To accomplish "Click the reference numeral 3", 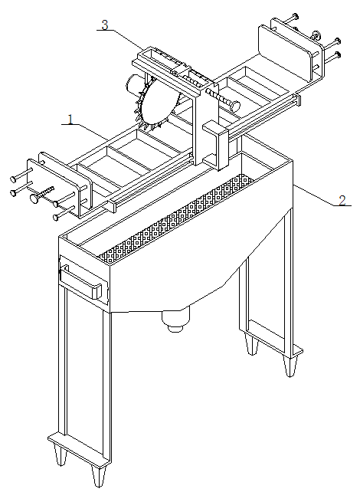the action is coord(105,25).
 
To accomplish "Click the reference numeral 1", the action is coord(70,120).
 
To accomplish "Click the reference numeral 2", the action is coord(342,200).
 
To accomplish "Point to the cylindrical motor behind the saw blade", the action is coord(133,84).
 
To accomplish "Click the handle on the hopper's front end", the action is coord(82,280).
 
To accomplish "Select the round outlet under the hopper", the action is coord(176,320).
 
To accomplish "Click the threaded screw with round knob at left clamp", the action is coord(41,194).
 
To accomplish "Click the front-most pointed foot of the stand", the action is coord(99,474).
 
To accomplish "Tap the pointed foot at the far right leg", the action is coord(290,366).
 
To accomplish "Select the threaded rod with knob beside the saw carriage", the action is coord(223,100).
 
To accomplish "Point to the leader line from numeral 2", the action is coord(313,195).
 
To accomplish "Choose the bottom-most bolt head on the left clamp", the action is coord(57,217).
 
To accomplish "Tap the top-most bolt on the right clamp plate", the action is coord(296,15).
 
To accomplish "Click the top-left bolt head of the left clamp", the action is coord(13,179).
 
